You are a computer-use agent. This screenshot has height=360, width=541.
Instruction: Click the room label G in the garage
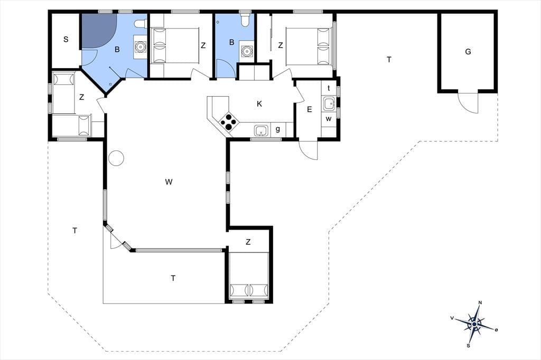coord(468,52)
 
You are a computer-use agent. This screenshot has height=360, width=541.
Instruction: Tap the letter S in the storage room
coord(66,39)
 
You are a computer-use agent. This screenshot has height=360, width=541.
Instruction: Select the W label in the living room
coord(169,182)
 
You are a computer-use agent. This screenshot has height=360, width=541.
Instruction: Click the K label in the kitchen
coord(259,103)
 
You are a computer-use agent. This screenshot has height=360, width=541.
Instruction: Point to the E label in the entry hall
coord(309,109)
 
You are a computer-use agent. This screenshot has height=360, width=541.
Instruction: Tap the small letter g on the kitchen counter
coord(278,129)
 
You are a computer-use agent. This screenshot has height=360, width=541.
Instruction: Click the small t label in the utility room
coord(329,88)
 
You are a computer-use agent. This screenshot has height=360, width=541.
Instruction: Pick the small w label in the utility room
coord(329,119)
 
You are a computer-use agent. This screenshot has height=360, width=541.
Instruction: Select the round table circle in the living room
coord(116,158)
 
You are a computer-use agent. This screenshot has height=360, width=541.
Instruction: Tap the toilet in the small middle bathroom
coord(245,20)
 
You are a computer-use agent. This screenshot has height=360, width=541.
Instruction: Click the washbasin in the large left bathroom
coord(141,46)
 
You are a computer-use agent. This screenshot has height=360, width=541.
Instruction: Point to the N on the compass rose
coord(480,303)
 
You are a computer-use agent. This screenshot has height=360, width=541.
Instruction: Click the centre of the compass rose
coord(475,324)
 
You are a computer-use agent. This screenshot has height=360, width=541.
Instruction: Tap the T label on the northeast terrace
coord(389,60)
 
